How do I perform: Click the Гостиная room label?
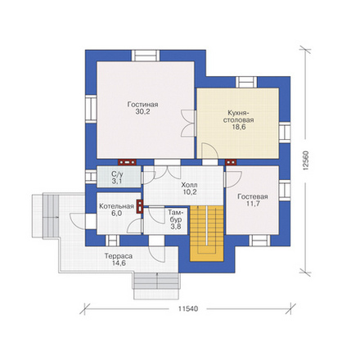click(x=142, y=105)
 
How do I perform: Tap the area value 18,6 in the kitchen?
click(x=238, y=127)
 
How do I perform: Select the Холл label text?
click(x=190, y=185)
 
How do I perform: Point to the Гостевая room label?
click(x=253, y=196)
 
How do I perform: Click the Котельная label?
click(x=116, y=206)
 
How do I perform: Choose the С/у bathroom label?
click(x=117, y=174)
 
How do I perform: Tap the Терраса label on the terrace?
click(x=119, y=256)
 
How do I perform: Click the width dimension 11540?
click(x=188, y=309)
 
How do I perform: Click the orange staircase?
click(x=207, y=233)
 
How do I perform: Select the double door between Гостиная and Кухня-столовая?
click(x=189, y=124)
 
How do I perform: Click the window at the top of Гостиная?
click(x=146, y=56)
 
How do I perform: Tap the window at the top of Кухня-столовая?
click(x=246, y=82)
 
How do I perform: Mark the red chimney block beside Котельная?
click(x=140, y=206)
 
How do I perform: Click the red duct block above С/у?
click(x=127, y=162)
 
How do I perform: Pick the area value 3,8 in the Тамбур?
click(x=176, y=227)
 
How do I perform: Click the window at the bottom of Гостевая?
click(x=259, y=241)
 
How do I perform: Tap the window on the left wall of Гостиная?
click(x=91, y=109)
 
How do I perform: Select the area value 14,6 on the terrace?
click(x=119, y=263)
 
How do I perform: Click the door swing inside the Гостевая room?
click(x=233, y=179)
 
